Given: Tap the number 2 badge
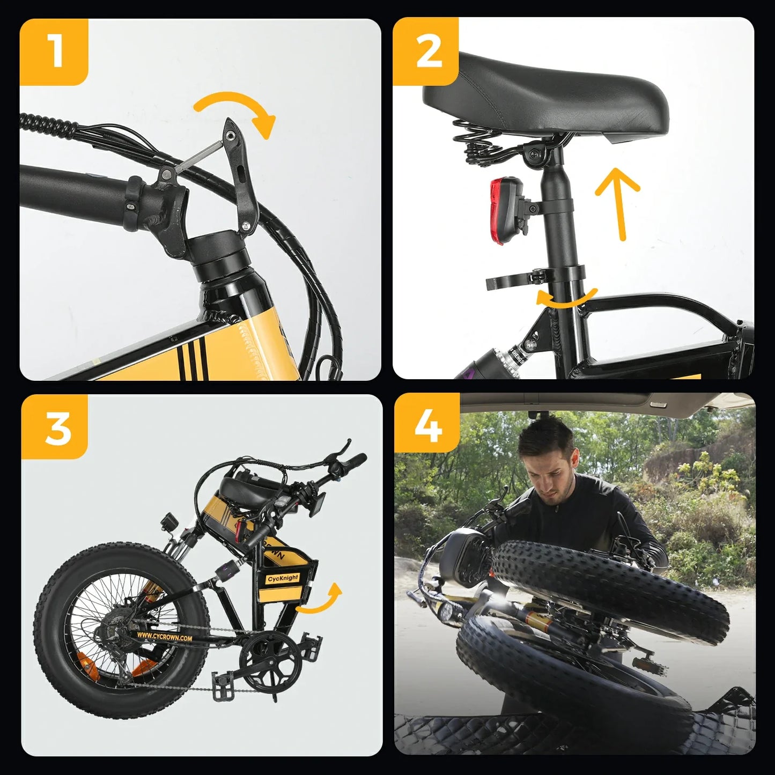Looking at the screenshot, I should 427,51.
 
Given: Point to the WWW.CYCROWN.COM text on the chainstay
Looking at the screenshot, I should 164,637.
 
